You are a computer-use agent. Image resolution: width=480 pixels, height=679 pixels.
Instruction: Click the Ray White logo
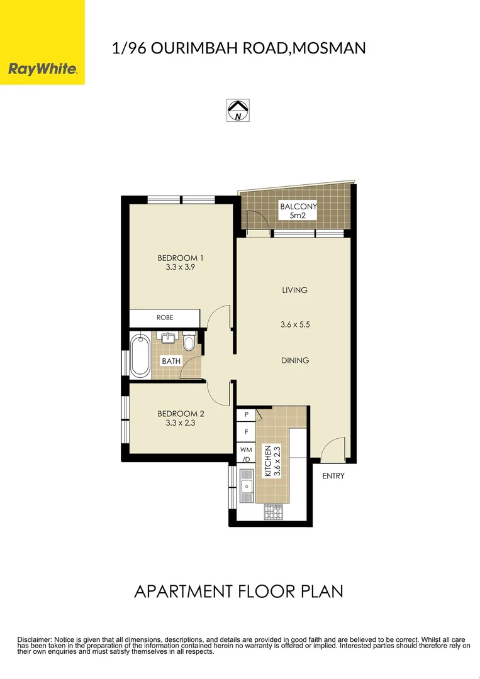[42, 69]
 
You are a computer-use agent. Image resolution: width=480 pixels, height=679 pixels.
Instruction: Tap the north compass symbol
[237, 110]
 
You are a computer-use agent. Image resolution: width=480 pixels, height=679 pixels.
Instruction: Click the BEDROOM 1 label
[180, 258]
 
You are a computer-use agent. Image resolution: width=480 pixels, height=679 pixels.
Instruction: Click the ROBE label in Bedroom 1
[165, 318]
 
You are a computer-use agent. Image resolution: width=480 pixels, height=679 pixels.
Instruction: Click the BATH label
[171, 362]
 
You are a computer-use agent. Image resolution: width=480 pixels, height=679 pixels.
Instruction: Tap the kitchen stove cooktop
[274, 512]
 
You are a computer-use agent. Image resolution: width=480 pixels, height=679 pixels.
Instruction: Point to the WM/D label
[246, 454]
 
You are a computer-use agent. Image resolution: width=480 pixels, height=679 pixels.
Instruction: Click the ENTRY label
[333, 476]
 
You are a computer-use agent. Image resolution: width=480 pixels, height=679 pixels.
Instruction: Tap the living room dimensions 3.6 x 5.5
[295, 325]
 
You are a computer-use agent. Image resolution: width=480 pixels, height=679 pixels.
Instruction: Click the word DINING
[295, 360]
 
